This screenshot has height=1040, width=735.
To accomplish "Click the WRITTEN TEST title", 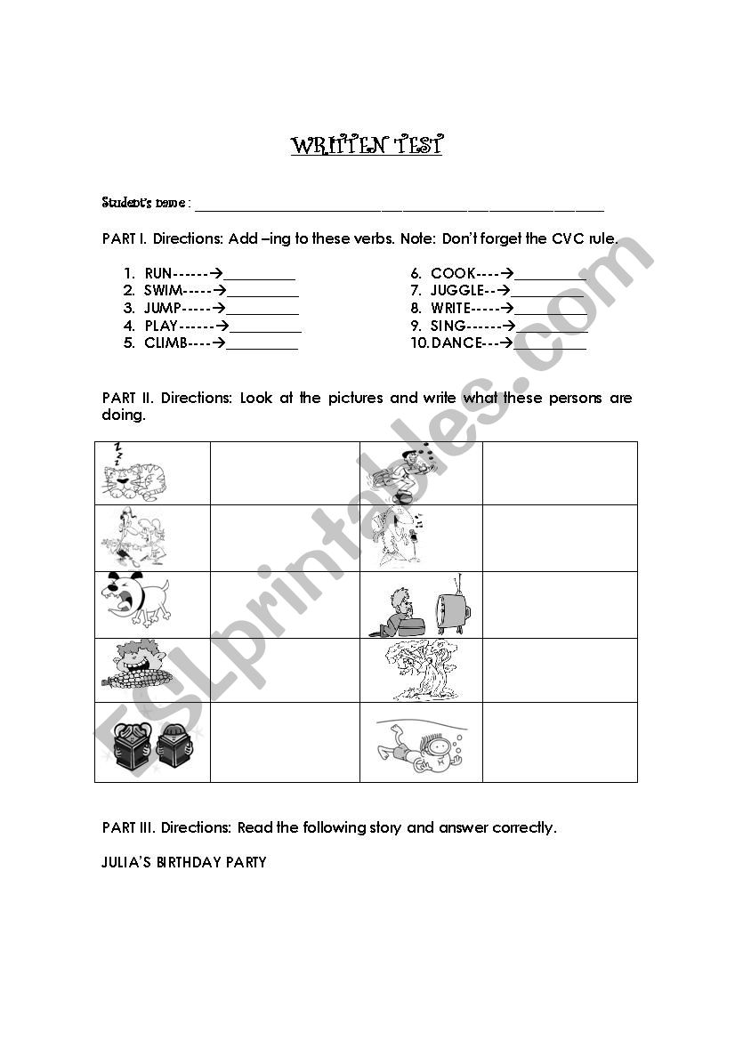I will (366, 146).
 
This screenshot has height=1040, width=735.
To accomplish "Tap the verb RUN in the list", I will (157, 274).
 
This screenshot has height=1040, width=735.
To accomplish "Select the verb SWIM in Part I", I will (164, 291).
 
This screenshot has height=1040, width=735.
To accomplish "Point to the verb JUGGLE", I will (456, 291).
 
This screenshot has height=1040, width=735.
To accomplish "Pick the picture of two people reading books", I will (149, 746).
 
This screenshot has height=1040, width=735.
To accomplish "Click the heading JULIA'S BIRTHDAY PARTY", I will (184, 862).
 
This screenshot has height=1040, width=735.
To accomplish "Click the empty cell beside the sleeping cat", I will (285, 473).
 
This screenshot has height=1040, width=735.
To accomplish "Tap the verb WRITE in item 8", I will (450, 309).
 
